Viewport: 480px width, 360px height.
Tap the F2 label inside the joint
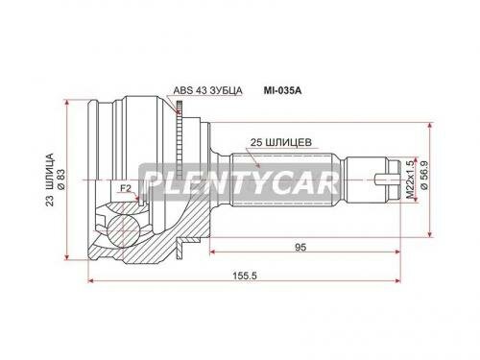(125, 189)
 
